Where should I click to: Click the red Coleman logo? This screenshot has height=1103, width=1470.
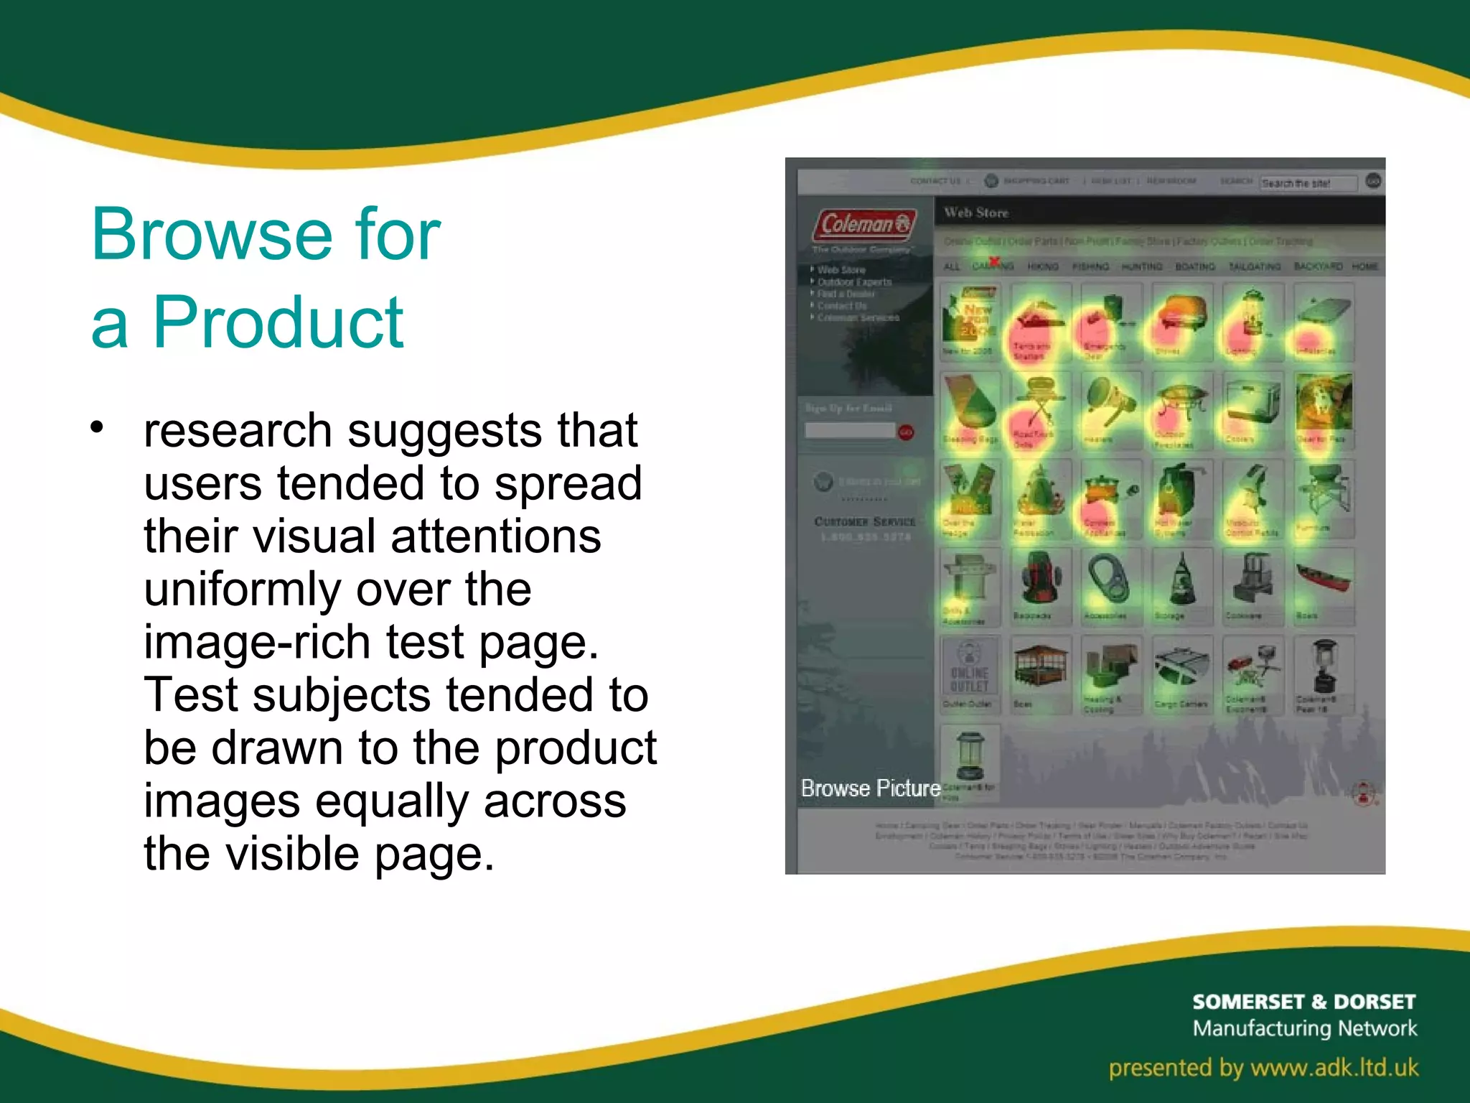pos(864,224)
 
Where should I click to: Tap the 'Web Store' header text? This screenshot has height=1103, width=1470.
pos(976,213)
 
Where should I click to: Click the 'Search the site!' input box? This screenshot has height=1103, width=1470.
pos(1308,183)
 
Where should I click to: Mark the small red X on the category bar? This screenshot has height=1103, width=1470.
pos(994,261)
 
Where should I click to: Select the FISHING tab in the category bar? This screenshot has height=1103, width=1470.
pos(1090,266)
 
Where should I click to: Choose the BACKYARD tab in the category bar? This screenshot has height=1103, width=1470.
pos(1318,266)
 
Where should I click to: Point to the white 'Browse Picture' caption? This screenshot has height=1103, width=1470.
pos(870,788)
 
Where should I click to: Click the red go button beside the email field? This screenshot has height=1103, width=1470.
pos(906,432)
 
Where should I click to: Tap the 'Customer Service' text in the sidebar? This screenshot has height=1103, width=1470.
pos(865,521)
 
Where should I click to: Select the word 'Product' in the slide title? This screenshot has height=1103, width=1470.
pos(278,323)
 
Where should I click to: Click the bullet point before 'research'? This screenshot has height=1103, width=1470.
pos(98,427)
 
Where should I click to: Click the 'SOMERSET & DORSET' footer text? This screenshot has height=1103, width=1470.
pos(1303,1002)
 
